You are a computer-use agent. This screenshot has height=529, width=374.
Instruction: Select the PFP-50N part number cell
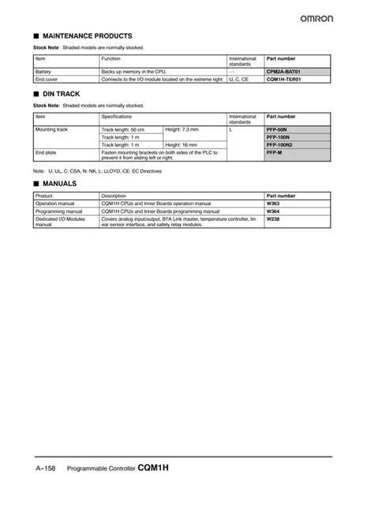(279, 129)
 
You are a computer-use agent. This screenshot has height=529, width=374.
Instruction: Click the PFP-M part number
(276, 153)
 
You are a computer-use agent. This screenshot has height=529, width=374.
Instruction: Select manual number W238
(274, 219)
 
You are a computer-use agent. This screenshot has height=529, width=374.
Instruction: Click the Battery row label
(44, 72)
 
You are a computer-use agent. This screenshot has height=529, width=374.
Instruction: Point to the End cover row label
(47, 80)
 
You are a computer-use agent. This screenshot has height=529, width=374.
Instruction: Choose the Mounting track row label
(51, 129)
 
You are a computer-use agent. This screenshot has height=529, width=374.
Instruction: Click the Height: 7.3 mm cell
(182, 129)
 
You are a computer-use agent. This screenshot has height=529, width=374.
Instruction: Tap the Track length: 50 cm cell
(124, 129)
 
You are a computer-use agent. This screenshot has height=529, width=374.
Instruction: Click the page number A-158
(47, 468)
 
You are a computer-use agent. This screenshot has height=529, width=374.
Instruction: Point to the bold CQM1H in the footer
(154, 467)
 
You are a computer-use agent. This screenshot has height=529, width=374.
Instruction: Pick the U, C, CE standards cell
(240, 80)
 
